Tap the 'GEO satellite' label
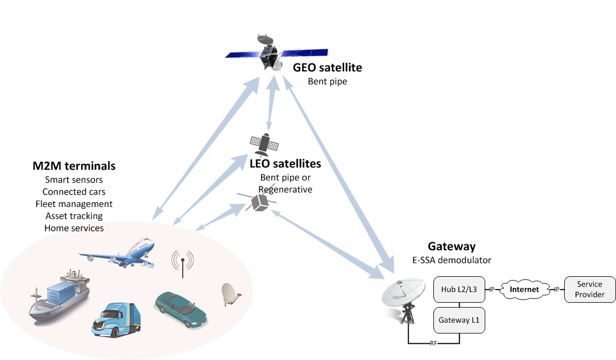(327, 68)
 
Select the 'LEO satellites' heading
(285, 164)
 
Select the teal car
(180, 309)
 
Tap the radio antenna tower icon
(183, 263)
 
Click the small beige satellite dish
(232, 295)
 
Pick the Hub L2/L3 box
(458, 290)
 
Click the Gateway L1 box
(458, 320)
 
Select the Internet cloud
(525, 290)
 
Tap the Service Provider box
(590, 290)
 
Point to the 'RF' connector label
(433, 344)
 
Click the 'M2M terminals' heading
(74, 165)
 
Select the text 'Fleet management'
(74, 204)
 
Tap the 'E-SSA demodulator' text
(452, 260)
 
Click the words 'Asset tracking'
(74, 216)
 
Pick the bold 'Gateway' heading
(452, 246)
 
